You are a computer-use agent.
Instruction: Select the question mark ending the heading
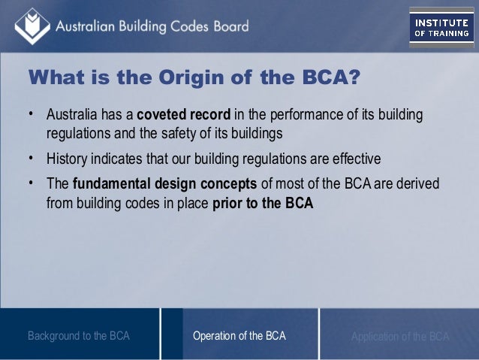(353, 78)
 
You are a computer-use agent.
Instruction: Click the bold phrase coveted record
(184, 116)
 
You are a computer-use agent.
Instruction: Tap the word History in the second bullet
(66, 159)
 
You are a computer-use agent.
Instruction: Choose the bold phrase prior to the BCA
(263, 202)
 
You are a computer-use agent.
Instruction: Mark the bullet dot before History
(32, 159)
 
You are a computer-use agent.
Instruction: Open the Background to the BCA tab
(79, 336)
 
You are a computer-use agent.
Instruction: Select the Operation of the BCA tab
(239, 336)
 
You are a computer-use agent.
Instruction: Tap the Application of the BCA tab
(400, 336)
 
